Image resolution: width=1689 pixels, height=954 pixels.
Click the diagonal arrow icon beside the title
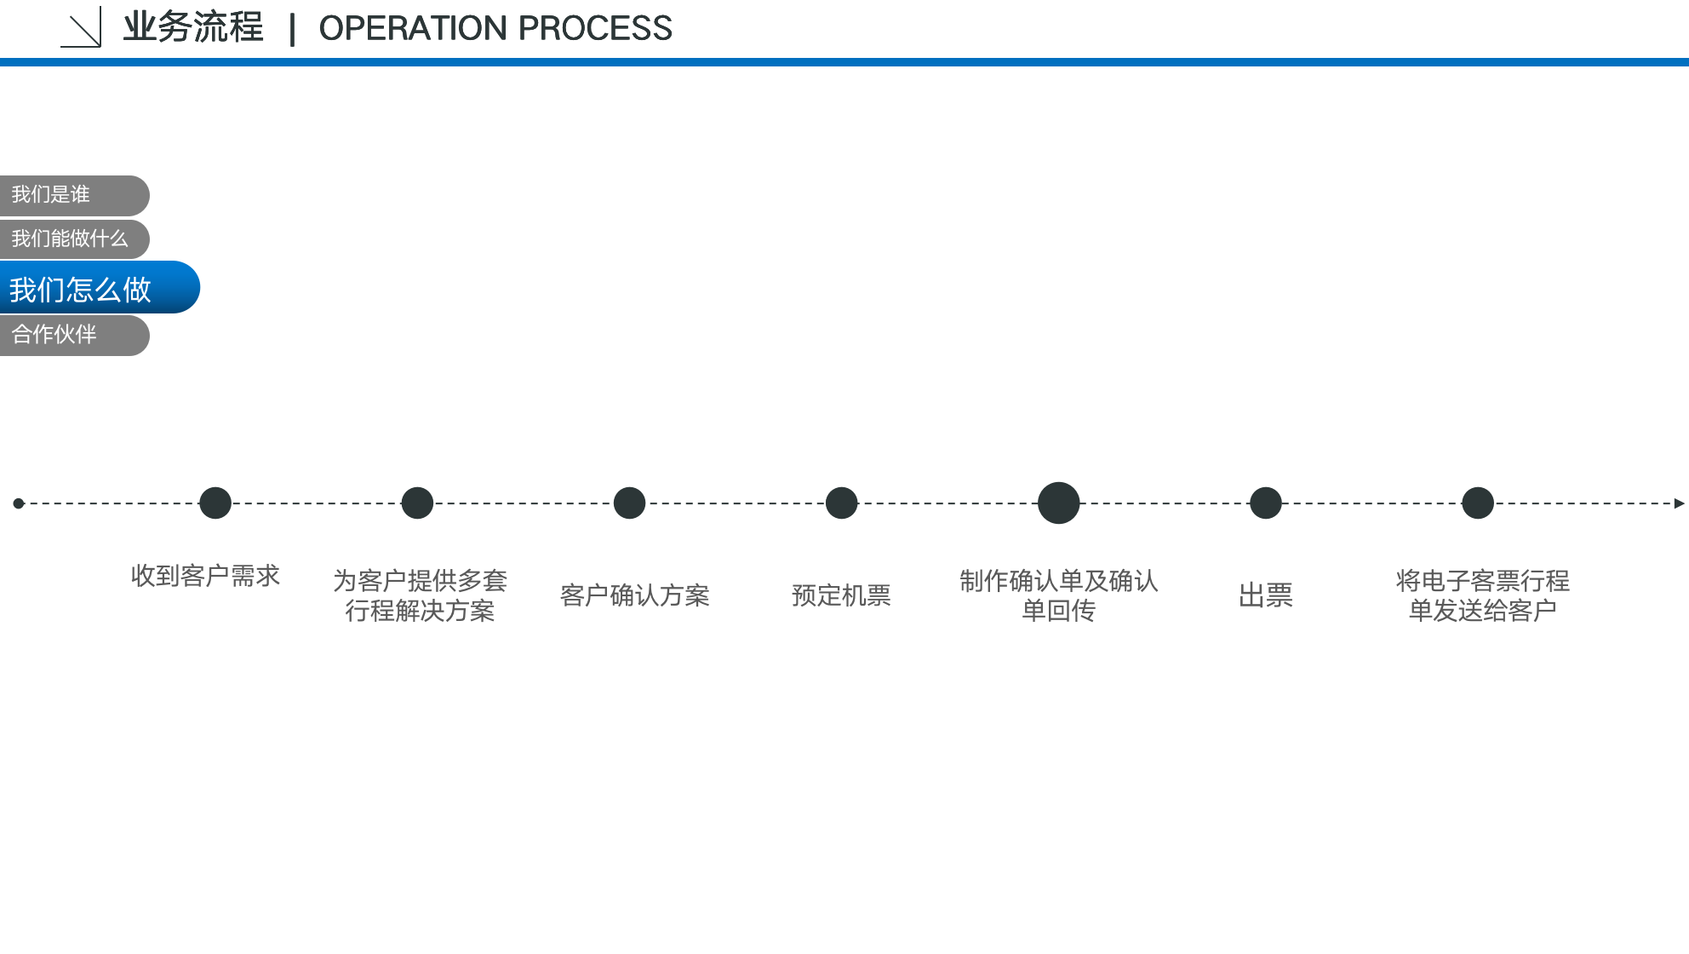(x=82, y=27)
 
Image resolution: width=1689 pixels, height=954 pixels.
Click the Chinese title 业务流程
(x=193, y=27)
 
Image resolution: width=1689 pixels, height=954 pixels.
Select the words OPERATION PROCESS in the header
(x=495, y=28)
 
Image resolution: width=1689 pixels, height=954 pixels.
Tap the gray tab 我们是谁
(x=74, y=195)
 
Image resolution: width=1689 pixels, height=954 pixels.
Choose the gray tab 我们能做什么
(x=74, y=239)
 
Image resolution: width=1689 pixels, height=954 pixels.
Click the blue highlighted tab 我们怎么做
(x=100, y=288)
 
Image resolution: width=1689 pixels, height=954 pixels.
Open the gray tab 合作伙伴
(x=74, y=336)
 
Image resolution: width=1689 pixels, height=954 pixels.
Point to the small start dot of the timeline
(x=19, y=503)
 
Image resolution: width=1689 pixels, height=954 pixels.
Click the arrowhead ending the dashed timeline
(x=1679, y=503)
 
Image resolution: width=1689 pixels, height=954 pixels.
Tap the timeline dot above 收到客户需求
(x=215, y=503)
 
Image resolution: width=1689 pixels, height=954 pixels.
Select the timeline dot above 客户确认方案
(x=629, y=503)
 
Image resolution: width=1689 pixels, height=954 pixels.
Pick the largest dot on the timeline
(x=1058, y=503)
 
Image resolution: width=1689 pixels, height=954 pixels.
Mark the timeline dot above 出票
(x=1266, y=503)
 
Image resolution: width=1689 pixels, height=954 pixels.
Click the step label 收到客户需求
(x=205, y=577)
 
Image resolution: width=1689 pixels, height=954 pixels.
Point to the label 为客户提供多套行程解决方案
(x=421, y=595)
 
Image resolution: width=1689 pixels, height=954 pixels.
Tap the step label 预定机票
(x=841, y=595)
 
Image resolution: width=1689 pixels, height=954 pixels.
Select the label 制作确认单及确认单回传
(x=1058, y=595)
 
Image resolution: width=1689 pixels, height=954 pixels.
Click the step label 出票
(x=1266, y=595)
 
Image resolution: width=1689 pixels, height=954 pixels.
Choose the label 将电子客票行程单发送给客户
(x=1482, y=595)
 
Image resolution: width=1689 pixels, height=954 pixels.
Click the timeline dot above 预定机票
(x=842, y=503)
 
